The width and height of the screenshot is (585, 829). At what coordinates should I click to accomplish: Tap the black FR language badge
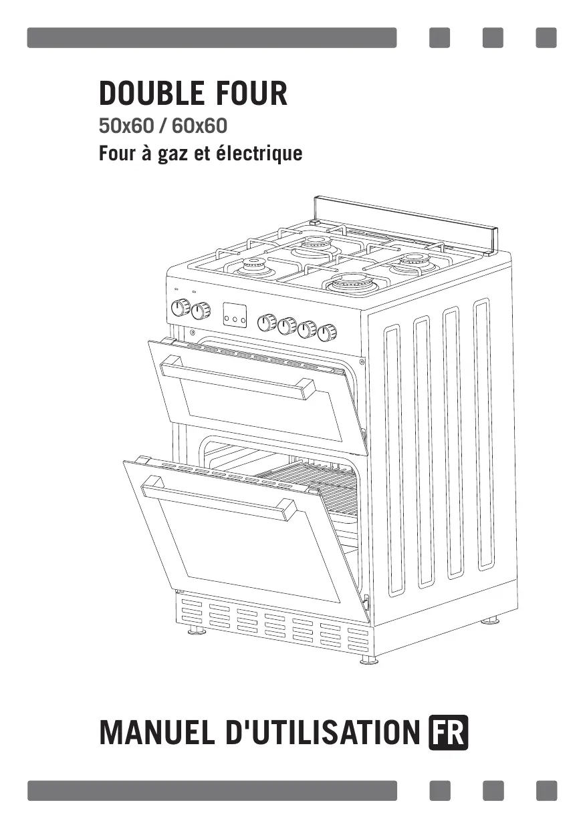449,733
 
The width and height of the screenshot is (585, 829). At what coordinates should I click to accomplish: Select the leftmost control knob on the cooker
180,308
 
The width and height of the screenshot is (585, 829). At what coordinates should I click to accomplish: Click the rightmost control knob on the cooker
327,332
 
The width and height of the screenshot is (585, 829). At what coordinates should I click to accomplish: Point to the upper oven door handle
237,378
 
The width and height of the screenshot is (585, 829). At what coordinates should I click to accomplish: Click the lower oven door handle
219,501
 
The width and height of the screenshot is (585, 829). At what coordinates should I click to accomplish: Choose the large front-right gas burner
352,283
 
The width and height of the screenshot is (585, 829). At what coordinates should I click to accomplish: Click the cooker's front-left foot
197,629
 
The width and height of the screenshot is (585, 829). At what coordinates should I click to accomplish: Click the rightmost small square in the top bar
546,38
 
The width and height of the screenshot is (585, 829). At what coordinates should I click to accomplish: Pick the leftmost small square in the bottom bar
439,790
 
